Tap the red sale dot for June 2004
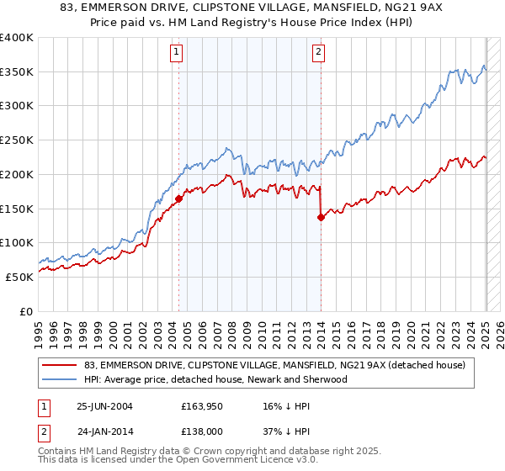pyautogui.click(x=179, y=199)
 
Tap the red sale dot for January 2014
pyautogui.click(x=321, y=217)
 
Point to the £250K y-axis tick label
pyautogui.click(x=17, y=140)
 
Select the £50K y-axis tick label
pyautogui.click(x=19, y=277)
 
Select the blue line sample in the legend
pyautogui.click(x=60, y=379)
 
